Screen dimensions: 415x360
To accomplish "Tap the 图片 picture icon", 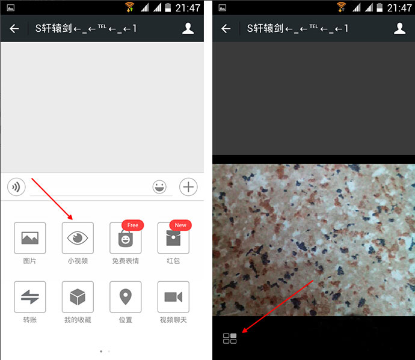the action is [x=30, y=238].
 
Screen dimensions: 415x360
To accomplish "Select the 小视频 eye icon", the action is [x=78, y=238].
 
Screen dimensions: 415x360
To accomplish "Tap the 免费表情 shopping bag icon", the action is [x=126, y=238].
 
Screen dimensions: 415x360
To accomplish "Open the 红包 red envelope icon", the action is [x=173, y=238].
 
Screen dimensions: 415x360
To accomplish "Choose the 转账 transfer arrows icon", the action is [x=30, y=297].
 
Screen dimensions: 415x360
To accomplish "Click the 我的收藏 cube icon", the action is [x=78, y=297].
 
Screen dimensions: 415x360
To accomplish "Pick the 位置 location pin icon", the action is [x=126, y=297].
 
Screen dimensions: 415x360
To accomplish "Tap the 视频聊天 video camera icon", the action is [x=173, y=297].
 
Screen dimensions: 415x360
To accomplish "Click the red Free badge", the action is [x=132, y=225].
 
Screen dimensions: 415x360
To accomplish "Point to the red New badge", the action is [x=180, y=225].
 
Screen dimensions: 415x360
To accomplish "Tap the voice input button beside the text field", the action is [x=16, y=187].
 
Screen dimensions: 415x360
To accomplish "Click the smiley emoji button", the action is [x=159, y=187].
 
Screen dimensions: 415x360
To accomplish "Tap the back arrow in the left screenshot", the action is [x=14, y=29].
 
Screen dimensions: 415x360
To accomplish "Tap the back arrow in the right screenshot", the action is [x=226, y=29].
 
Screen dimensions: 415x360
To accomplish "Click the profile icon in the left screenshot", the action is [x=188, y=28].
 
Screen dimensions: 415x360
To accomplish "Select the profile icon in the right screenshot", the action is [x=399, y=28].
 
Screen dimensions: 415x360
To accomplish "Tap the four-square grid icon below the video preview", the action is [x=230, y=338].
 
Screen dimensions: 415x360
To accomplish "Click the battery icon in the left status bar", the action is [x=168, y=7].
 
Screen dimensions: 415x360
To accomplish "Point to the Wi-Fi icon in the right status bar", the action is [x=341, y=7].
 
